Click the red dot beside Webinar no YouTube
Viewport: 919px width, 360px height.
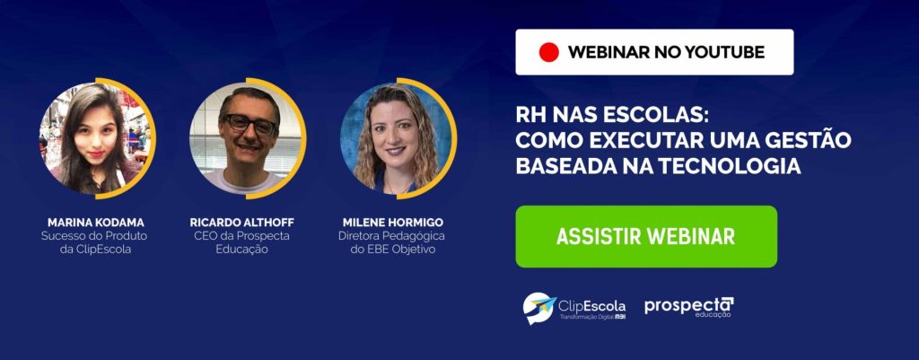(549, 52)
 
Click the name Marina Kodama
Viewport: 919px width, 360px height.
(95, 223)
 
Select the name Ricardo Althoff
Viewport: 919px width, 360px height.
(242, 223)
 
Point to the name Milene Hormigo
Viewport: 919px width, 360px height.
(393, 223)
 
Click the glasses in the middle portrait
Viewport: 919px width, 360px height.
(251, 124)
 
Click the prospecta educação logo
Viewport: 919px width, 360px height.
(689, 307)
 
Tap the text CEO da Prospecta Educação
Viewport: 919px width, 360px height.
(242, 242)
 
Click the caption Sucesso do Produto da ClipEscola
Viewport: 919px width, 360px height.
(94, 242)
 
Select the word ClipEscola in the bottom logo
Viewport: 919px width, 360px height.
(592, 306)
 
